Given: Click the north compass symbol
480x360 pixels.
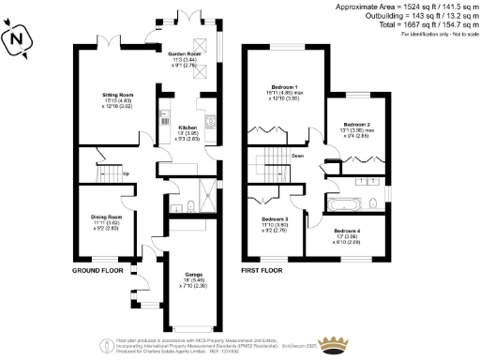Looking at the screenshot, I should [17, 41].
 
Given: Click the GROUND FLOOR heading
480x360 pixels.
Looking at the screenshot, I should [97, 270].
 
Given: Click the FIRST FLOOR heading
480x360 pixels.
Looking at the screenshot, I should [262, 270].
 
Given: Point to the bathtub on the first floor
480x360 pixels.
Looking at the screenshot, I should [338, 202].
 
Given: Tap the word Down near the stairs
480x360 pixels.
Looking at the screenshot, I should [296, 156].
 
